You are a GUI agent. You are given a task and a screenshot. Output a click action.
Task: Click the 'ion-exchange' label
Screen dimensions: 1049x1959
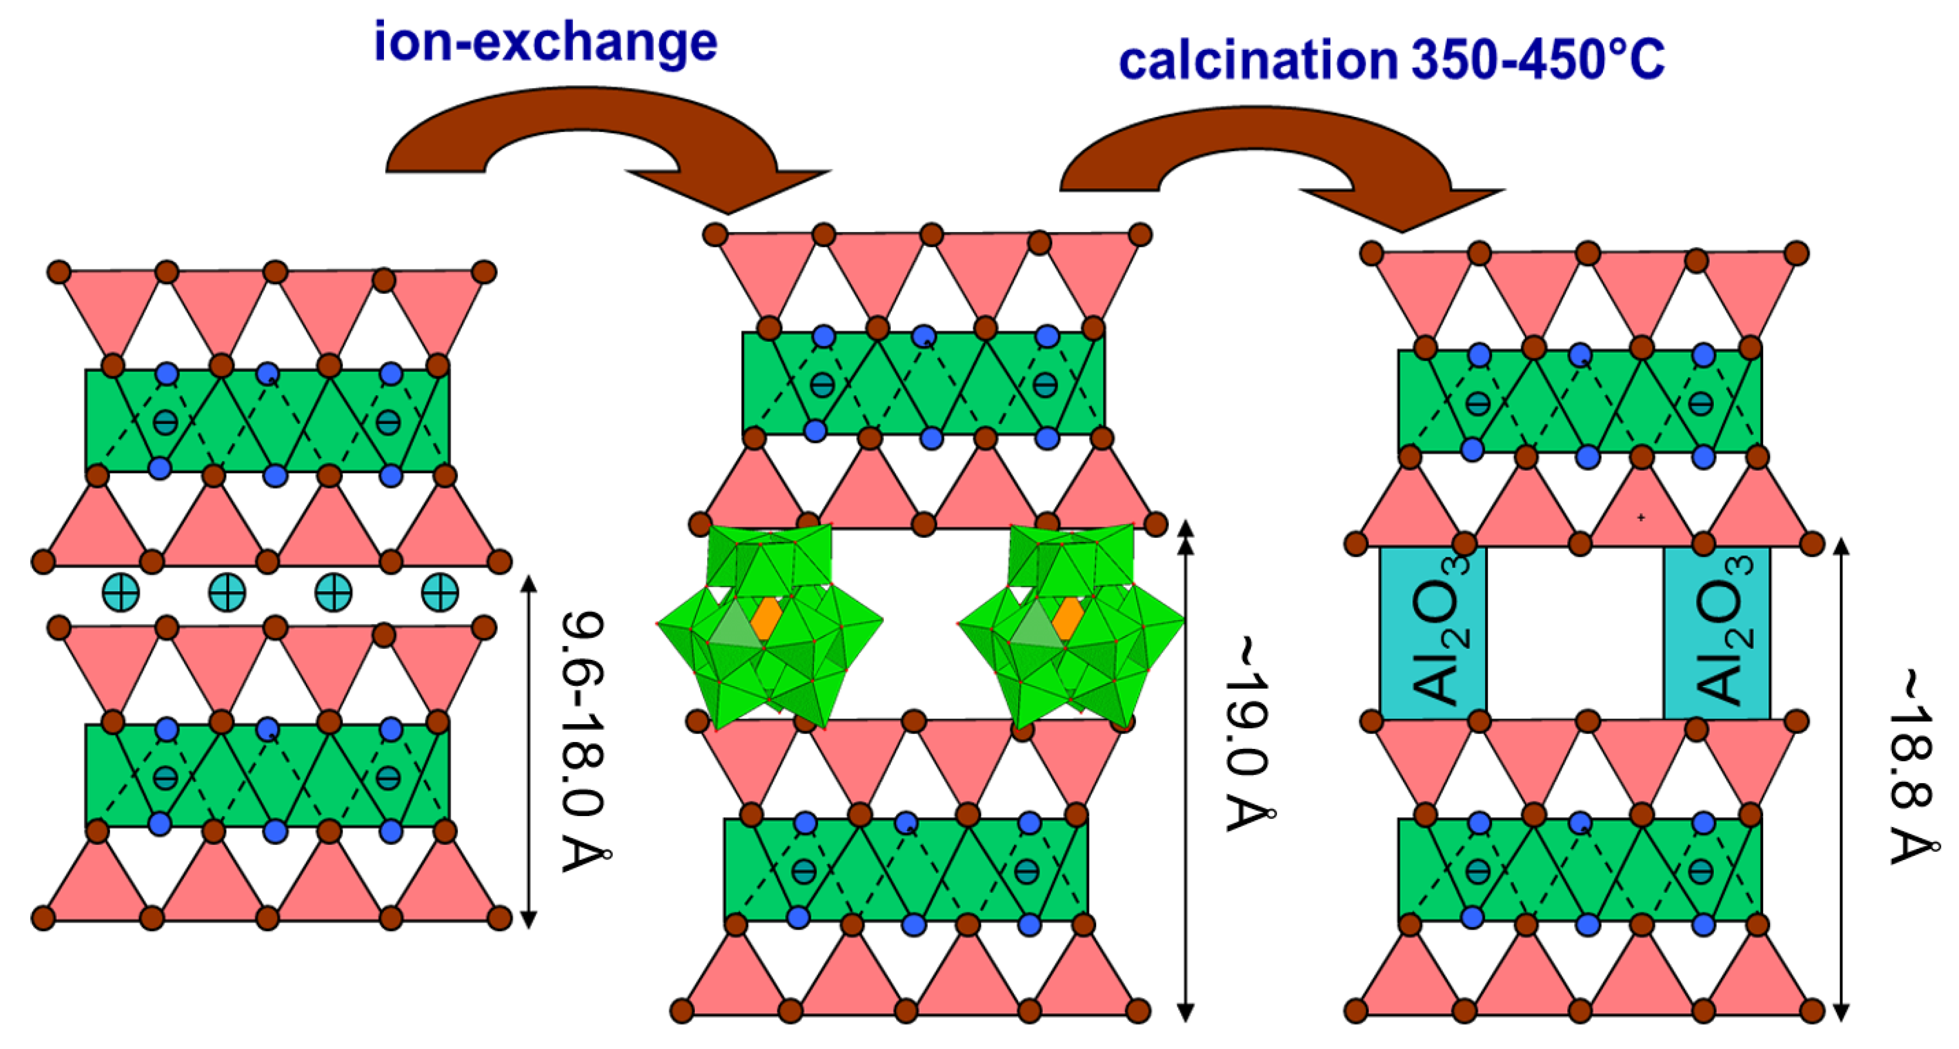tap(545, 43)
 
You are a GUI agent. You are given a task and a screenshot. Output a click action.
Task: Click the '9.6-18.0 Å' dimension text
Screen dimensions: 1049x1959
tap(584, 741)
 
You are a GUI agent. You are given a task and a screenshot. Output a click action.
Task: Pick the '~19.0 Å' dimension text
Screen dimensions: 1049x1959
tap(1247, 734)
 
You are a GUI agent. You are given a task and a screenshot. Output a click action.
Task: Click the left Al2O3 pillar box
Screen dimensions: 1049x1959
tap(1433, 633)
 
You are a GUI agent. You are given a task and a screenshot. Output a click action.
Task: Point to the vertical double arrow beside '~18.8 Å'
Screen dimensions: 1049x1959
tap(1841, 780)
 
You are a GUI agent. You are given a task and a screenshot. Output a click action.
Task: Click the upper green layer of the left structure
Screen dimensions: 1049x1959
tap(266, 420)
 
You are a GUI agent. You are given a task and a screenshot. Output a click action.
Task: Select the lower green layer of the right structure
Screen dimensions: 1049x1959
tap(1580, 869)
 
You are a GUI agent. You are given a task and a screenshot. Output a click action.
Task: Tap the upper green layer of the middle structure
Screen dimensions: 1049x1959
tap(923, 383)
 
